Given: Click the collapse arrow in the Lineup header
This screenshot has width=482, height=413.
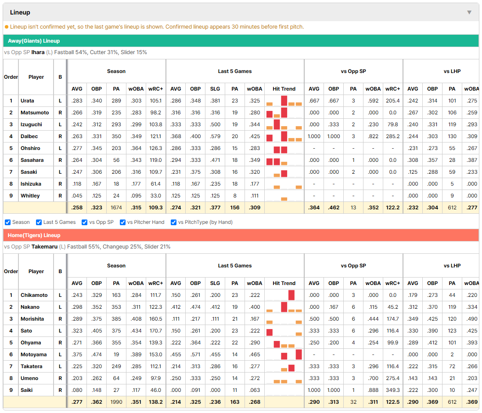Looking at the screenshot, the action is [469, 12].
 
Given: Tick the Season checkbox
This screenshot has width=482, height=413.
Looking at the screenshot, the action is [8, 222].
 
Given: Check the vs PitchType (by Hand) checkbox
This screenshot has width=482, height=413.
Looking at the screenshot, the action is [173, 222].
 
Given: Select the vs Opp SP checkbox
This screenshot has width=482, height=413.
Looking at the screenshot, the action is [85, 222].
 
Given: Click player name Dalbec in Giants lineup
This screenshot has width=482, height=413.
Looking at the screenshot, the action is [29, 136].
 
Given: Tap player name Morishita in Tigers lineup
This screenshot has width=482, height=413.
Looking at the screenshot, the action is [32, 319].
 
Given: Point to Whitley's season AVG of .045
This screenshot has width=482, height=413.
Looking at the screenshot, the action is [77, 196].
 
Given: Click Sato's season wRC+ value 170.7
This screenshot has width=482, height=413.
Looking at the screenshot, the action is [155, 331].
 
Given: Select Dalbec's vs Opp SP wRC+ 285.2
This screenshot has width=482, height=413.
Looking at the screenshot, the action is [392, 136].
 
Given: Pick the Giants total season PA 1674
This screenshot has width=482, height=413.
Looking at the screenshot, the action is [116, 208].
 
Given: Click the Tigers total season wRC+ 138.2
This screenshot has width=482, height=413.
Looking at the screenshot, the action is [155, 402].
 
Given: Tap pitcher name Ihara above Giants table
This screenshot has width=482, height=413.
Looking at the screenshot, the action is [38, 52].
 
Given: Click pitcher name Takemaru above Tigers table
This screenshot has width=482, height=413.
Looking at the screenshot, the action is [44, 247].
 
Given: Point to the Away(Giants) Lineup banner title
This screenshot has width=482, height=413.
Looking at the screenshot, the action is [34, 41].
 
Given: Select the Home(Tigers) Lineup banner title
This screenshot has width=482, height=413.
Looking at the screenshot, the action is [34, 235].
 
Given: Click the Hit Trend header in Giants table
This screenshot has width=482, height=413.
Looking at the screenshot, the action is [284, 89].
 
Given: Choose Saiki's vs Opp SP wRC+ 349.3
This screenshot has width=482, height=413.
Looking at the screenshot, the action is [392, 390].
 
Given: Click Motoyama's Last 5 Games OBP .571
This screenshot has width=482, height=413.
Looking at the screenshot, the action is [195, 355].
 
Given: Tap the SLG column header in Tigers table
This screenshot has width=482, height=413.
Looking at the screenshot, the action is [215, 283].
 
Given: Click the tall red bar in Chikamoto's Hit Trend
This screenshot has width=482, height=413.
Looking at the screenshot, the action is [291, 295].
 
